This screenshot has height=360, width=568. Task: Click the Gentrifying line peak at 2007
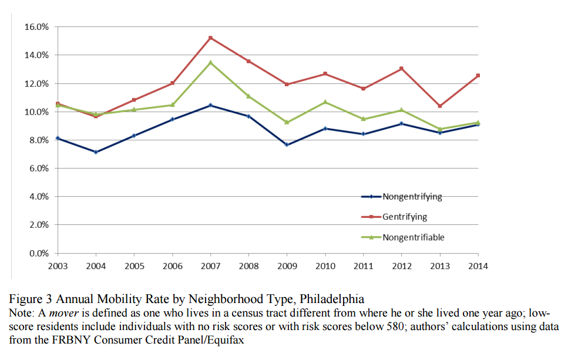(x=210, y=38)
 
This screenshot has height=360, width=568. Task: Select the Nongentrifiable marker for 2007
(x=210, y=62)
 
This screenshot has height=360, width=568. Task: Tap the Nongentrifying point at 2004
(x=96, y=152)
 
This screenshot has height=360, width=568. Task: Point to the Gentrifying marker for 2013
(x=440, y=106)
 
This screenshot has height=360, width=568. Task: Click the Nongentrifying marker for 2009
(x=287, y=144)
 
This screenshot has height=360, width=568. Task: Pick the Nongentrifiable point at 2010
(x=325, y=102)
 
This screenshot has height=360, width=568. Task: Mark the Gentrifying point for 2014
(x=478, y=75)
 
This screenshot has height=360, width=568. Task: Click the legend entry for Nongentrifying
(x=412, y=197)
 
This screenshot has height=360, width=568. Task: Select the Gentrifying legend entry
(x=405, y=217)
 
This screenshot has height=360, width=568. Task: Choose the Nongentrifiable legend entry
(x=413, y=237)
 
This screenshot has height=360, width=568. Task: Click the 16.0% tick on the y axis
(x=36, y=27)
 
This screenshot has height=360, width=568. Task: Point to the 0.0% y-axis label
(x=38, y=254)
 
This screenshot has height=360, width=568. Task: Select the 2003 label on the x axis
(x=58, y=266)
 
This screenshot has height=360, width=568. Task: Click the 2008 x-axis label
(x=248, y=266)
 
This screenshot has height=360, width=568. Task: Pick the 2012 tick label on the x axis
(x=401, y=266)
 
